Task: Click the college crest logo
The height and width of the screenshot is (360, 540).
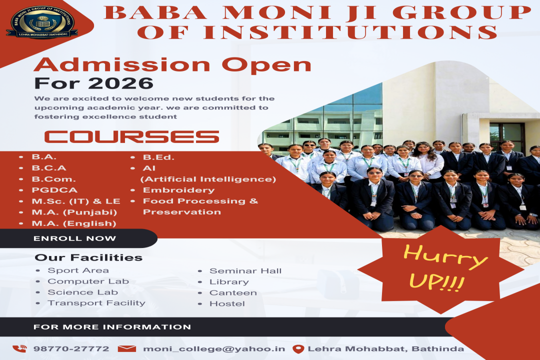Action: tap(42, 22)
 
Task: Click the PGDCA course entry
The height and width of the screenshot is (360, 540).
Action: tap(54, 190)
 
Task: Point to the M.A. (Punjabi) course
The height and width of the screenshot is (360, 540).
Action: tap(74, 212)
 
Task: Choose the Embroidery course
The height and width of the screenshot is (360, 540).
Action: tap(178, 190)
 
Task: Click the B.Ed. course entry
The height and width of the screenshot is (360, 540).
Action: tap(159, 157)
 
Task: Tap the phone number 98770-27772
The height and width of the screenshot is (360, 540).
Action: tap(71, 348)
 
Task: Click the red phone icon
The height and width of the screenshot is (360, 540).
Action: tap(19, 348)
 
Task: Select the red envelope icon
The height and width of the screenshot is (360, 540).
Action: tap(126, 348)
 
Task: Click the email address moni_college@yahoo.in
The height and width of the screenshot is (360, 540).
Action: tap(214, 349)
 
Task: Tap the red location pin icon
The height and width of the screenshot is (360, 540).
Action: tap(298, 349)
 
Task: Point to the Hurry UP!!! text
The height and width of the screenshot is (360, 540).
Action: tap(444, 267)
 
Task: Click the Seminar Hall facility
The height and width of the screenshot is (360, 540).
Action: tap(245, 271)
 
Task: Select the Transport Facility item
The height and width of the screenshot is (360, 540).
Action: tap(96, 303)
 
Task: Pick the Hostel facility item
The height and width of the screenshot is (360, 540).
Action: tap(227, 304)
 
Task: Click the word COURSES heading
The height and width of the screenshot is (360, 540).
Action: tap(131, 137)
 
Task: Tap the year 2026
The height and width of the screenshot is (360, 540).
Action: tap(120, 83)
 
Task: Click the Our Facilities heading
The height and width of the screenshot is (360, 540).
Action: tap(88, 257)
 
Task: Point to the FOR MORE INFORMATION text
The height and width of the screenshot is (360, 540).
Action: tap(112, 327)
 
